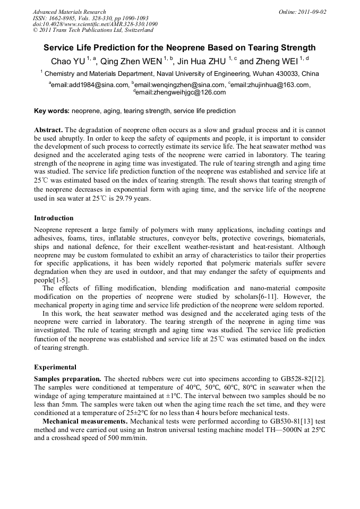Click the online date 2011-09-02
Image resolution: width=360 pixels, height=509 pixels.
310,12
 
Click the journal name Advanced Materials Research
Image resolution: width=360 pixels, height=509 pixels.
70,12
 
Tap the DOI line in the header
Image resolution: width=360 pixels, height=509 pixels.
95,24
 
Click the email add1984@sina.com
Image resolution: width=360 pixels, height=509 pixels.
90,84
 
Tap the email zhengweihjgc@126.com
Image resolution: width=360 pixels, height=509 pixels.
181,92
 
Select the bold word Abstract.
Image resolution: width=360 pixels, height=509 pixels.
49,130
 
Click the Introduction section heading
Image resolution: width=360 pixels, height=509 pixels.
54,218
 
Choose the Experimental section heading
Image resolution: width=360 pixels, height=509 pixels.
55,367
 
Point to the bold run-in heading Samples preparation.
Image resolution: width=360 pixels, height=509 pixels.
67,378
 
